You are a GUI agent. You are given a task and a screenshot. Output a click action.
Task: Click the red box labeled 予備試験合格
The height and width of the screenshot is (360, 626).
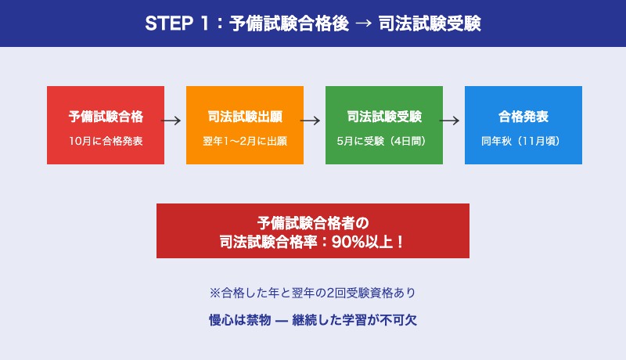106,125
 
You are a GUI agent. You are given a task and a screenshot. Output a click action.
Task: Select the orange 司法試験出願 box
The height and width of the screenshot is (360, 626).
245,125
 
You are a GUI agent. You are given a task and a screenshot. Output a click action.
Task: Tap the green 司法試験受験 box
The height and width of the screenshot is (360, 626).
384,125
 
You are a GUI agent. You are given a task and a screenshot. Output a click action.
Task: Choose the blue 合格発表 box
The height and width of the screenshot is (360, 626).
523,125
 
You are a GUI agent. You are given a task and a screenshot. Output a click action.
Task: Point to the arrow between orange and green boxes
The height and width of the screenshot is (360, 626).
311,121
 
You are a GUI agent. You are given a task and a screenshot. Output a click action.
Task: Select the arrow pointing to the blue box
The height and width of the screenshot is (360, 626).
450,121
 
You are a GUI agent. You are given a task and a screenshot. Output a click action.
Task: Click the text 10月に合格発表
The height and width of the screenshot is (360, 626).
106,142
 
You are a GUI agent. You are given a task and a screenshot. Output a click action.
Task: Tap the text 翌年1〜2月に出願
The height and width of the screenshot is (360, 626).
245,142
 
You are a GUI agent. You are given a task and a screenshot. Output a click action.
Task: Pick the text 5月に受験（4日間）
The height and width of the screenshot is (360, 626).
384,142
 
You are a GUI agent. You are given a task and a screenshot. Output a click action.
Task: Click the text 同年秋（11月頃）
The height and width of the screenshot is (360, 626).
523,142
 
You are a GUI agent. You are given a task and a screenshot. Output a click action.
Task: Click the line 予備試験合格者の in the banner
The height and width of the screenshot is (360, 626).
313,221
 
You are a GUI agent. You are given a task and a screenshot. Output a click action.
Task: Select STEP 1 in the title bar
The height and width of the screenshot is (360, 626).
178,23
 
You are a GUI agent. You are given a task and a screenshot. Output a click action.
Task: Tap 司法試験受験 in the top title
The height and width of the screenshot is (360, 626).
435,23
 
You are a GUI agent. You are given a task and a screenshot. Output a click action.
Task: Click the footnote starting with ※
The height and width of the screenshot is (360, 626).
313,293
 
